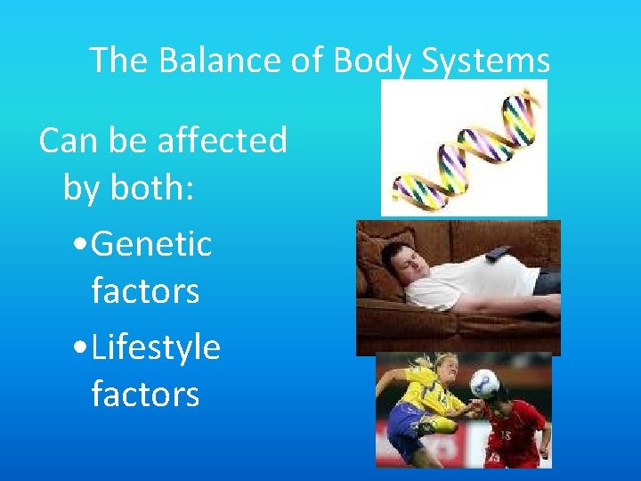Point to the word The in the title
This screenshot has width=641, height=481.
point(119,61)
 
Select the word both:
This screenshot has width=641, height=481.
point(152,188)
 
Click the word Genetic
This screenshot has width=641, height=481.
point(151,243)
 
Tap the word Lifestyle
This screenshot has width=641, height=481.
point(156,346)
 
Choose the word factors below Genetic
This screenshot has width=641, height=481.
point(145,291)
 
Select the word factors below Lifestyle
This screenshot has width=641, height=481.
point(145,395)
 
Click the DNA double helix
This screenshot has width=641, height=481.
point(464,148)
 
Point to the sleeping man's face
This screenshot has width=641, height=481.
point(400,265)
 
